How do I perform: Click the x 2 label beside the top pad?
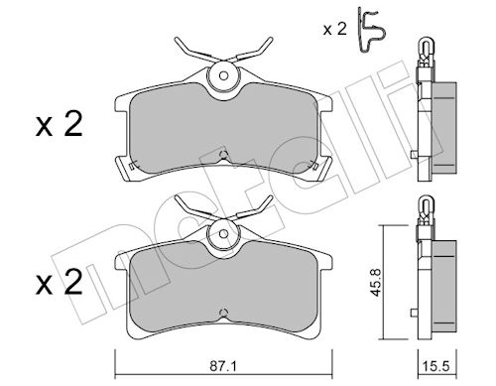tap(59, 125)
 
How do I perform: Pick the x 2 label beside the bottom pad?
tap(59, 282)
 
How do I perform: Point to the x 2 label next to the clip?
tap(334, 30)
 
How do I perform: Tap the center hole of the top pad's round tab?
tap(223, 76)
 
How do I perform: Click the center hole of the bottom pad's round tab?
tap(223, 233)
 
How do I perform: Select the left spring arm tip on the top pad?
tap(177, 40)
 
